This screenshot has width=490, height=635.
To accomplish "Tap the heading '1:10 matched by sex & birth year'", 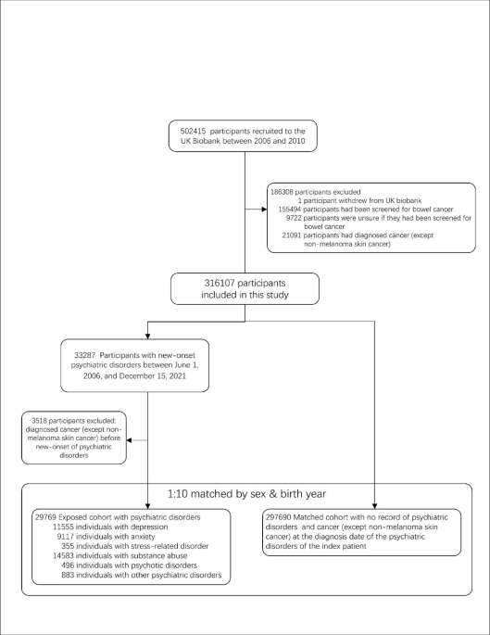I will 245,494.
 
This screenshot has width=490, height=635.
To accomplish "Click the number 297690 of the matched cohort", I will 283,513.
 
